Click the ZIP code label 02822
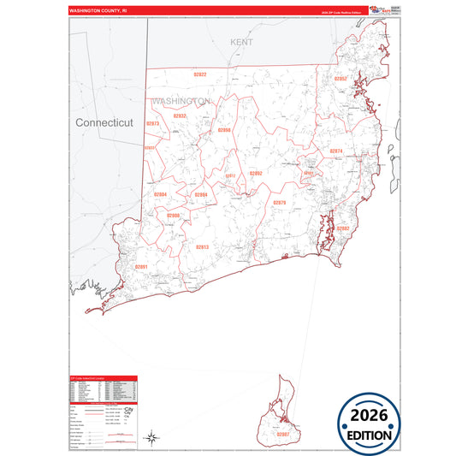pos(200,74)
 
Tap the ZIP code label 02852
pos(340,79)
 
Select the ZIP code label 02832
pos(180,115)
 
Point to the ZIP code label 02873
pos(152,123)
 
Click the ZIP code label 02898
pos(224,130)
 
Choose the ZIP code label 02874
pos(335,151)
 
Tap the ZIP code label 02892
pos(256,173)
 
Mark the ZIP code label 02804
pos(160,195)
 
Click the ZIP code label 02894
pos(201,195)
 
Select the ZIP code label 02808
pos(174,216)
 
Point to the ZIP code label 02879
pos(279,202)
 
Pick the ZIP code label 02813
pos(202,246)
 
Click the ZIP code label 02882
pos(342,228)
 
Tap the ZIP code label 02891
pos(141,267)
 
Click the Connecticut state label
pos(104,122)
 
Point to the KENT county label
pos(242,41)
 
